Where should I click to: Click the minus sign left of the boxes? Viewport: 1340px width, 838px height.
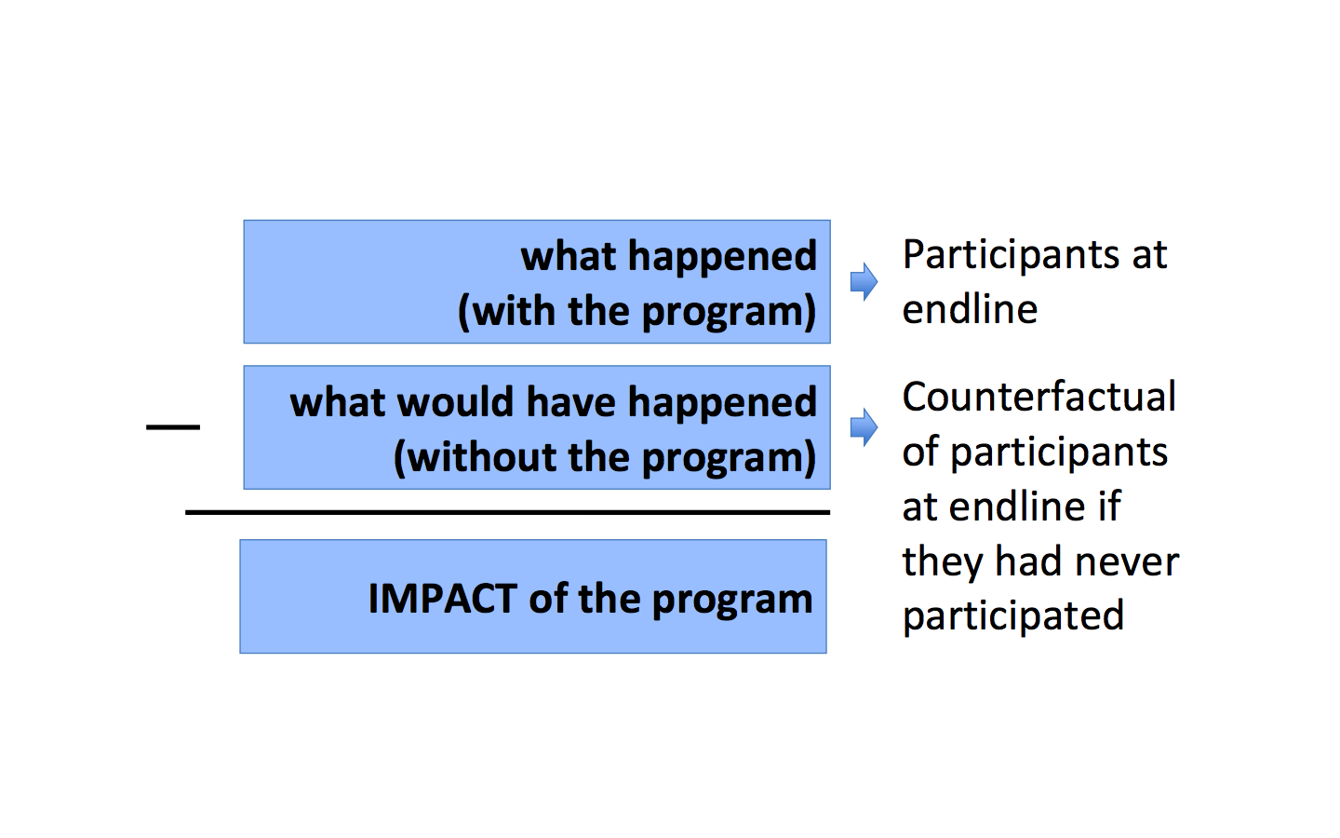[x=173, y=426]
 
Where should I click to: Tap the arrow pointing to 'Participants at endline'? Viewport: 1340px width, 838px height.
[x=864, y=281]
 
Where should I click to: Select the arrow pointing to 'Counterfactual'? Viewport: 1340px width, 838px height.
[x=864, y=427]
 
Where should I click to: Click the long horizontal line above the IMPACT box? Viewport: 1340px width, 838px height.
[x=507, y=512]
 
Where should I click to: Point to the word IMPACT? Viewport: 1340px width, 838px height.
[x=443, y=599]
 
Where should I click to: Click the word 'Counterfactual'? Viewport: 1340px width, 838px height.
[x=1039, y=397]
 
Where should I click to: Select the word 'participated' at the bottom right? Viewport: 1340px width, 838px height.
[x=1013, y=616]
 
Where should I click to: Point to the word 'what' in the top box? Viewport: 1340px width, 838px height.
[x=569, y=256]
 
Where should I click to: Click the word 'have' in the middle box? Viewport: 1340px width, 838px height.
[x=570, y=401]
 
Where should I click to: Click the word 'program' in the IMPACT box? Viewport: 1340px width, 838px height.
[x=732, y=601]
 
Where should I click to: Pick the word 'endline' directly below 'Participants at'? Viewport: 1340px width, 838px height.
[x=970, y=309]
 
